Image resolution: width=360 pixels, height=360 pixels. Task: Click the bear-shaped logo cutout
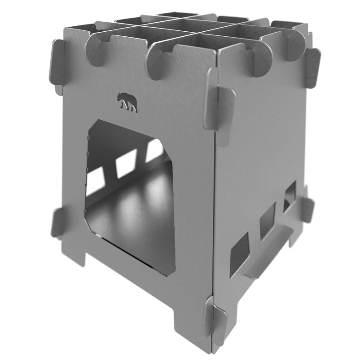pyautogui.click(x=126, y=102)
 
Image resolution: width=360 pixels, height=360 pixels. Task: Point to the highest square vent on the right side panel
pyautogui.click(x=289, y=197)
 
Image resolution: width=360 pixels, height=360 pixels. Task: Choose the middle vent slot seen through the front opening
pyautogui.click(x=126, y=163)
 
